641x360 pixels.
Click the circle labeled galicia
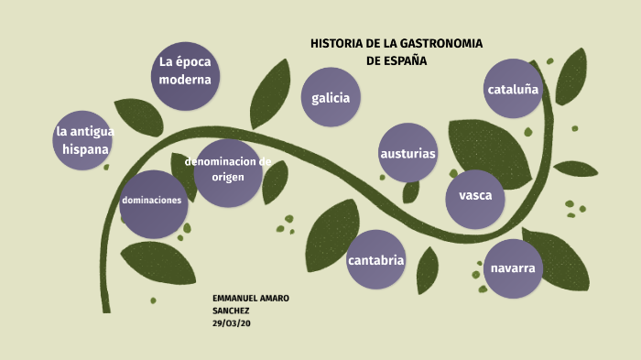pos(331,97)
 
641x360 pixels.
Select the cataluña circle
pos(514,89)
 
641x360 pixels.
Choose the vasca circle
pos(475,196)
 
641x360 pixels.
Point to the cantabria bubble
pos(376,260)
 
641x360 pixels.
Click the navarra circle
pos(513,267)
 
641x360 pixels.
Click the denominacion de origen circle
pos(229,169)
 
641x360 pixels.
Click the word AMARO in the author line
pos(277,300)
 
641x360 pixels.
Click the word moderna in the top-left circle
pos(185,80)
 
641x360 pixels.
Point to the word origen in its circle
pos(228,177)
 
